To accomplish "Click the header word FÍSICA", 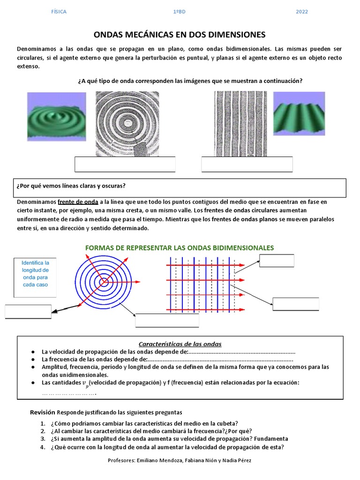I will [59, 12].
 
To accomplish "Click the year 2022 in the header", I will [302, 12].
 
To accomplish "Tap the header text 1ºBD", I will [180, 12].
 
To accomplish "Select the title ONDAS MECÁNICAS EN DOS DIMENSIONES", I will [180, 35].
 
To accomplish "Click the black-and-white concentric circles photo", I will [127, 124].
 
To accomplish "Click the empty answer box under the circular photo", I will [125, 165].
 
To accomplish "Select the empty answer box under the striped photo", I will [247, 165].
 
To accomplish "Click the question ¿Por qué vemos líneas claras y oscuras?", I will [71, 186].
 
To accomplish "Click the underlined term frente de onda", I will [78, 202].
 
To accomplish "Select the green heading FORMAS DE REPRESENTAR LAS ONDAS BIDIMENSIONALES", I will [180, 248].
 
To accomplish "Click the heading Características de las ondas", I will [180, 344].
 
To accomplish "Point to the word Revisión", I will [43, 412].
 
